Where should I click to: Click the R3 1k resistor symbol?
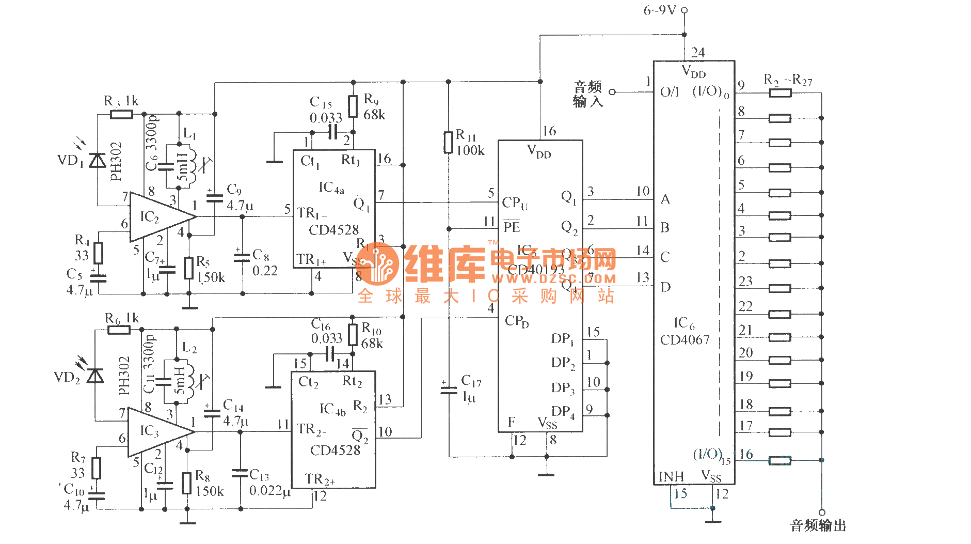pos(121,114)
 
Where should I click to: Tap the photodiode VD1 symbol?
pos(97,161)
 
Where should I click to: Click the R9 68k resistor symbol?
pos(353,106)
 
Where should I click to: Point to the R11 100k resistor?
pos(449,143)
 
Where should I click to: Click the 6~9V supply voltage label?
pos(659,10)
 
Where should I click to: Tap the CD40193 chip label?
pos(536,270)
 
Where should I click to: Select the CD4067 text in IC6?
pos(685,340)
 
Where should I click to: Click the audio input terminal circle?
pos(612,92)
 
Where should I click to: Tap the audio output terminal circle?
pos(822,512)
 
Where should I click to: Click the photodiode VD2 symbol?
pos(95,376)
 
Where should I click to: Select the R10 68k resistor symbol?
pos(353,335)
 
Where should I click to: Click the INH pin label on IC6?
pos(671,476)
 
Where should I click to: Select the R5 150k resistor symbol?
pos(189,268)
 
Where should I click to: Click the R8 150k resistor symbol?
pos(187,483)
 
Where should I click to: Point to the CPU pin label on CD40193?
pos(515,203)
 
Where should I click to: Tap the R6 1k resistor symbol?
pos(119,329)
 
